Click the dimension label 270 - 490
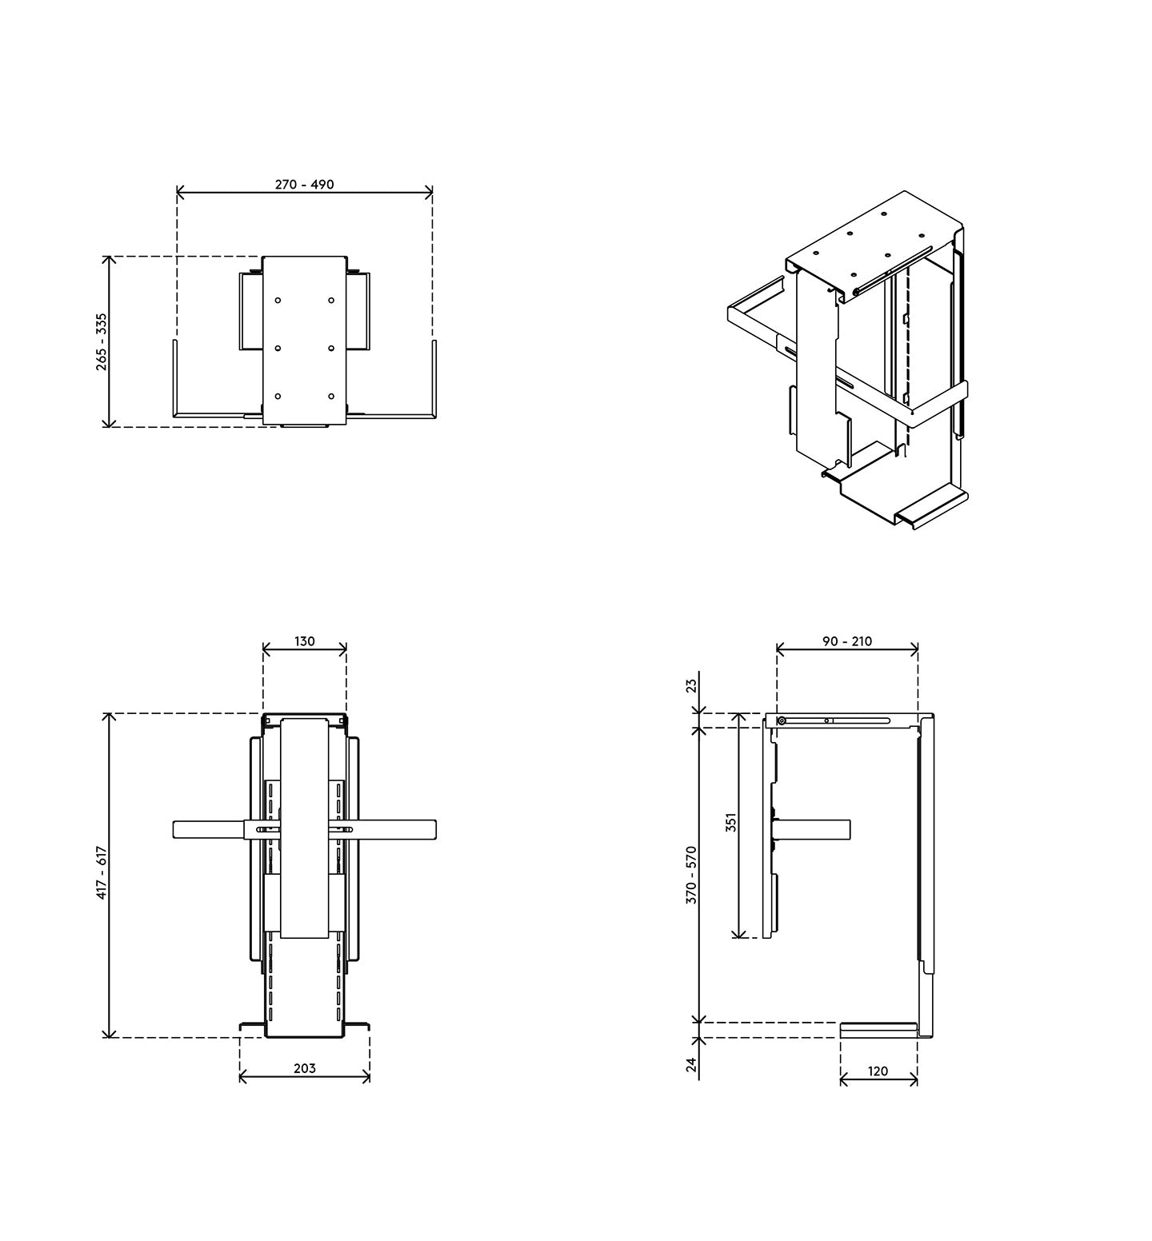[305, 185]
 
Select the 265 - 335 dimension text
[102, 341]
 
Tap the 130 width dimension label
[305, 641]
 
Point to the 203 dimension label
[305, 1068]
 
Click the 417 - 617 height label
[102, 872]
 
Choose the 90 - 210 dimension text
[847, 641]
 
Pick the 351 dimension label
[731, 824]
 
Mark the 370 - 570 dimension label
[692, 875]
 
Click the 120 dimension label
[878, 1071]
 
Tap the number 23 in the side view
[692, 685]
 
